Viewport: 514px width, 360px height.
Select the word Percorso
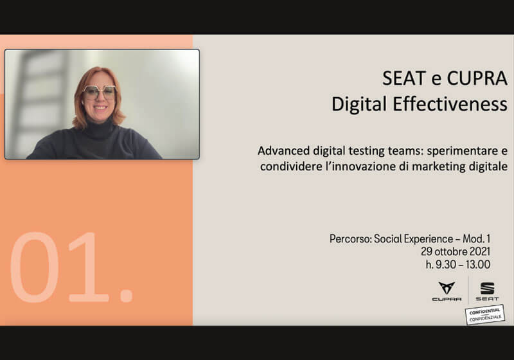(351, 239)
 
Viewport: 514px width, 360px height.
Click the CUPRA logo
(446, 291)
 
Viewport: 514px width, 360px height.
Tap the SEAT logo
(488, 291)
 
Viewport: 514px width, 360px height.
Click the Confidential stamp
(485, 314)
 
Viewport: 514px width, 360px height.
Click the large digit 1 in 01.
(93, 267)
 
